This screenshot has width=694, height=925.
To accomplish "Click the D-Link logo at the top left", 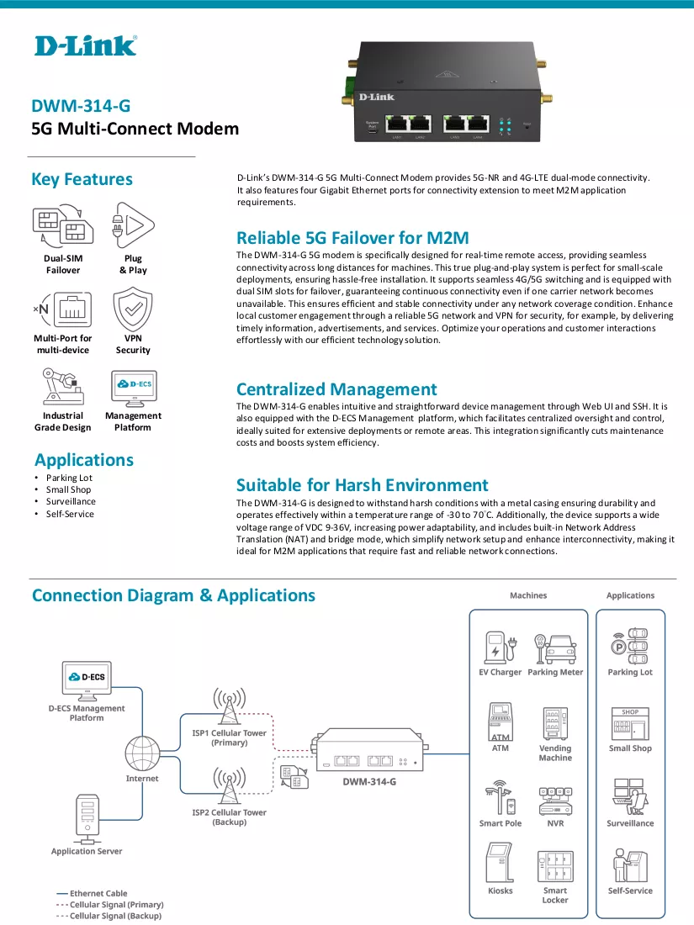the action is click(86, 46).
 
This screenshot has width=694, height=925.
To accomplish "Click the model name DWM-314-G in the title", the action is click(81, 106).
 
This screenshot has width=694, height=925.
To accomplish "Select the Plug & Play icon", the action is click(133, 225).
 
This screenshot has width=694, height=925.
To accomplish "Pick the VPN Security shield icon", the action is click(133, 309).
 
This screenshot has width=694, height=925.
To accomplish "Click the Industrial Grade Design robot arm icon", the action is click(62, 387).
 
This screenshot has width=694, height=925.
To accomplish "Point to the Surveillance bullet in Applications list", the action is click(71, 501).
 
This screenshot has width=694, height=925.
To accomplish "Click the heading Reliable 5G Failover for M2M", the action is click(352, 238).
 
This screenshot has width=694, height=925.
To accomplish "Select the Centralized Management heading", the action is click(336, 389).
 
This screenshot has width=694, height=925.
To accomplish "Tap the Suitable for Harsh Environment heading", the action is click(363, 485).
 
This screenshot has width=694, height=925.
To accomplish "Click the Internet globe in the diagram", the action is click(142, 753).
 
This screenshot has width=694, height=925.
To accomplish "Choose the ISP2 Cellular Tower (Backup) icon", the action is click(229, 785).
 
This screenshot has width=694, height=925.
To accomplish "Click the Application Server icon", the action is click(87, 819).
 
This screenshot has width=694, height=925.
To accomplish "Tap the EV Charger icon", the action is click(501, 647).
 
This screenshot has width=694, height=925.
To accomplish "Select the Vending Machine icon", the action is click(555, 723).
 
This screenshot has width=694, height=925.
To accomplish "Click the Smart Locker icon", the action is click(555, 866).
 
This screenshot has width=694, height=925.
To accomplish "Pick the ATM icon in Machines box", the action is click(501, 721).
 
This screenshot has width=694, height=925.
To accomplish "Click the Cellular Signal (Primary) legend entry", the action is click(109, 904).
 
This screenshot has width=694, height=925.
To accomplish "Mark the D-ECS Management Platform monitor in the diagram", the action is click(87, 679).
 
